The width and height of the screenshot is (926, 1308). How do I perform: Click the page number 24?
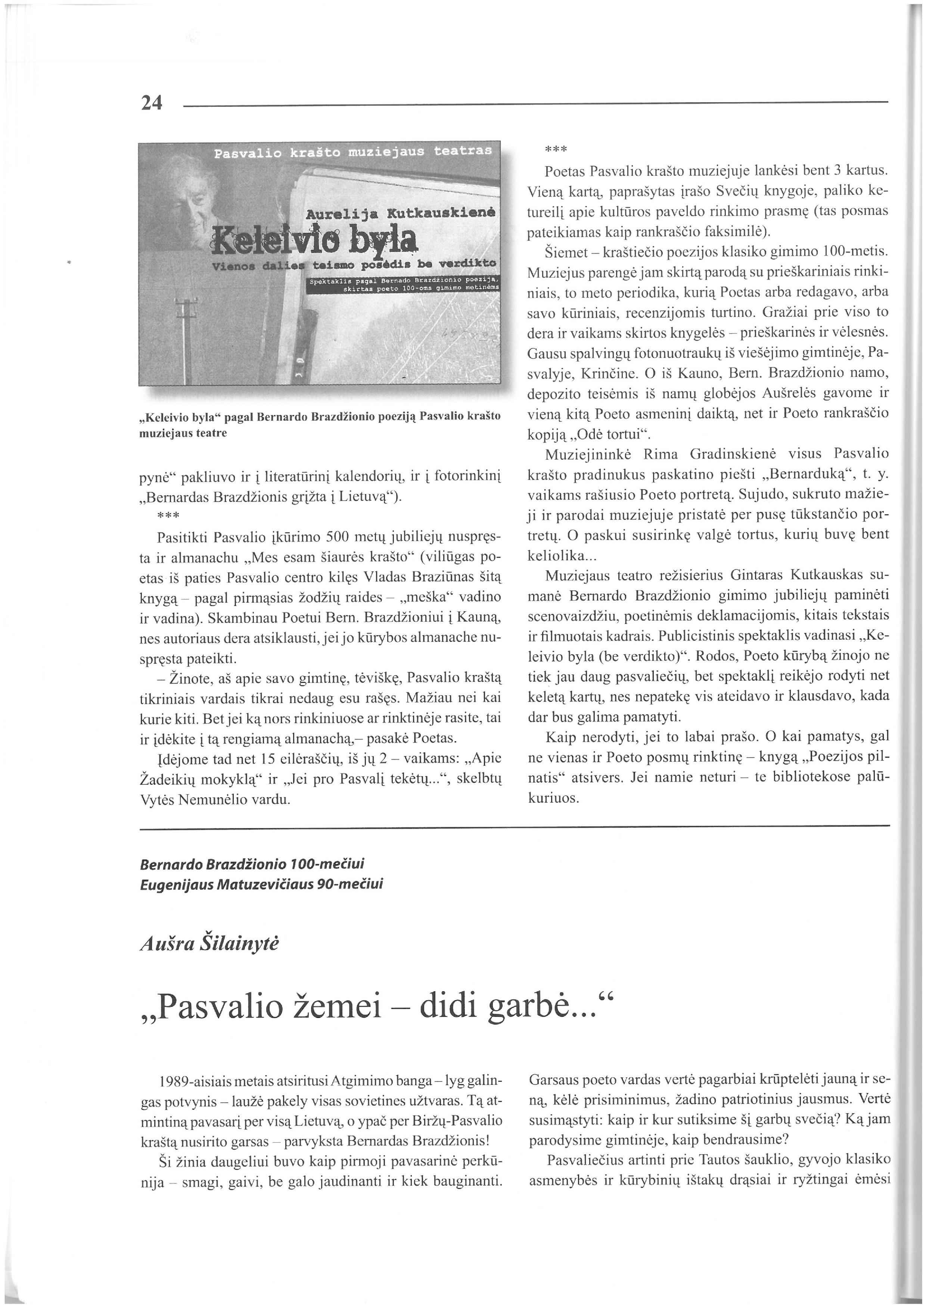152,103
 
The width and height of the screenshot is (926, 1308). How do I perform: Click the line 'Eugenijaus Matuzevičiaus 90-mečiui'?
261,884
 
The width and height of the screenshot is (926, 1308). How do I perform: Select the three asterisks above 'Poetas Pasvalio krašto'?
556,150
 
